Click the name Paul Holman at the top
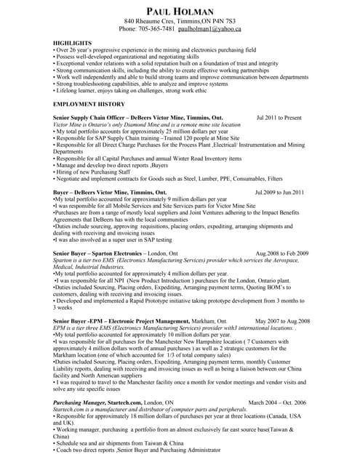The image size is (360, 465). coord(180,12)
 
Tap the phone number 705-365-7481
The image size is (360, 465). coord(158,29)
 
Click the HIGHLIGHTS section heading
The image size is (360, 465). coord(72,44)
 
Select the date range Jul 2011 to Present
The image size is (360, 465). coord(279,117)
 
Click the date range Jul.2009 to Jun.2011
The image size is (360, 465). coord(279,193)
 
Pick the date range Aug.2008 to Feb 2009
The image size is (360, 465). coord(282,254)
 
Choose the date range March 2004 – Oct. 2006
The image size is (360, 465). coord(277,402)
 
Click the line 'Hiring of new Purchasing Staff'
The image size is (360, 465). coord(93,171)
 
